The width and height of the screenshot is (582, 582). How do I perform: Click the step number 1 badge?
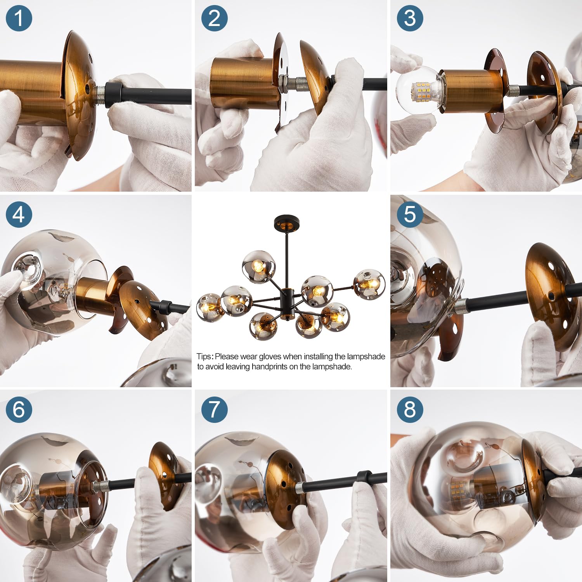tap(19, 18)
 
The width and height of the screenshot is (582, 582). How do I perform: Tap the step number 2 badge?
tap(214, 18)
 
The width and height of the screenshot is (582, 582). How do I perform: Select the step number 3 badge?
tap(410, 18)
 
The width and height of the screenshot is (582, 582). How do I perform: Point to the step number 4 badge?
tap(19, 215)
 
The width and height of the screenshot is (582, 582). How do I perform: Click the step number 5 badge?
tap(410, 215)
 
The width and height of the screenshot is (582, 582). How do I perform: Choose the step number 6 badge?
tap(19, 409)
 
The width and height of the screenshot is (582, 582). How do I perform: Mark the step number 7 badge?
tap(214, 409)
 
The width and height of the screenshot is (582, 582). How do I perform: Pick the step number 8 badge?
tap(410, 409)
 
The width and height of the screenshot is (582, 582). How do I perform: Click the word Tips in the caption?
tap(204, 357)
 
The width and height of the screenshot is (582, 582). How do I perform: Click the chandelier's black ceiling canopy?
tap(287, 223)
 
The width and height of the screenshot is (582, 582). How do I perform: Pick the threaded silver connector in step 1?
tap(100, 95)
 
